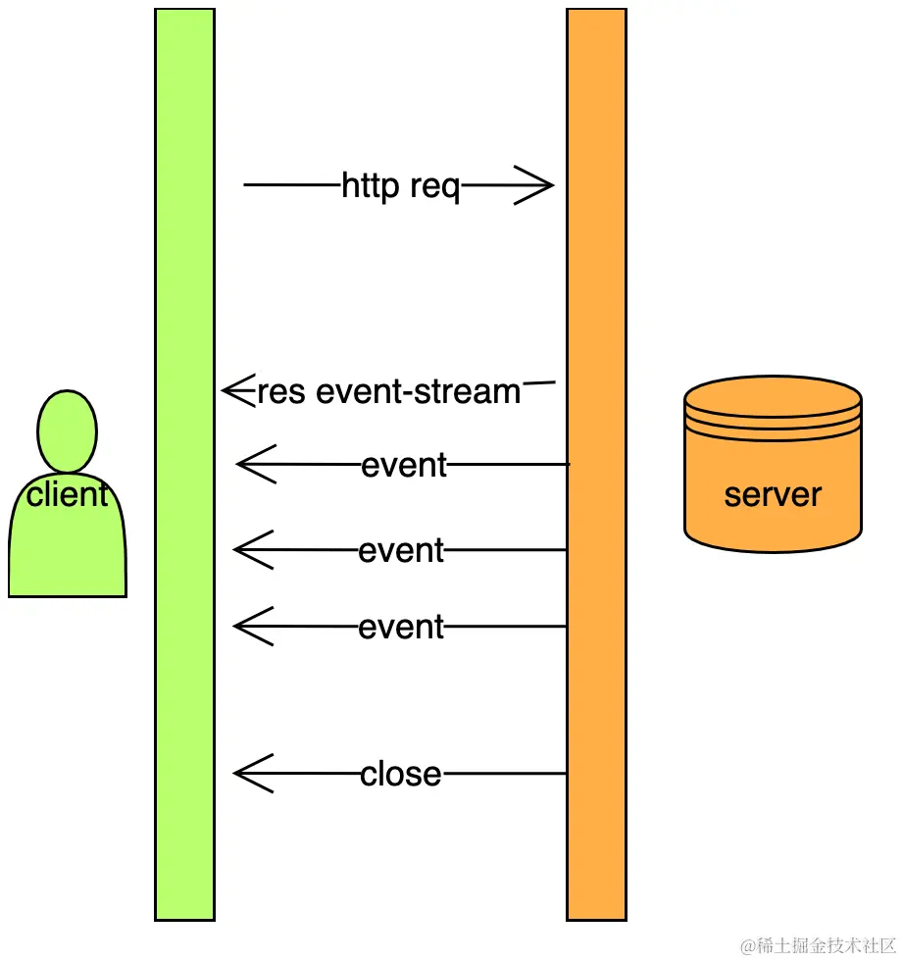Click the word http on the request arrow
[x=372, y=185]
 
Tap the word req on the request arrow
[x=434, y=186]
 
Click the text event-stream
[x=419, y=392]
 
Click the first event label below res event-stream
[x=404, y=465]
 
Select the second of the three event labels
[x=401, y=550]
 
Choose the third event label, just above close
[x=401, y=627]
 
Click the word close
[x=401, y=775]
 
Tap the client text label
[x=68, y=494]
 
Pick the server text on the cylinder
[x=773, y=494]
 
